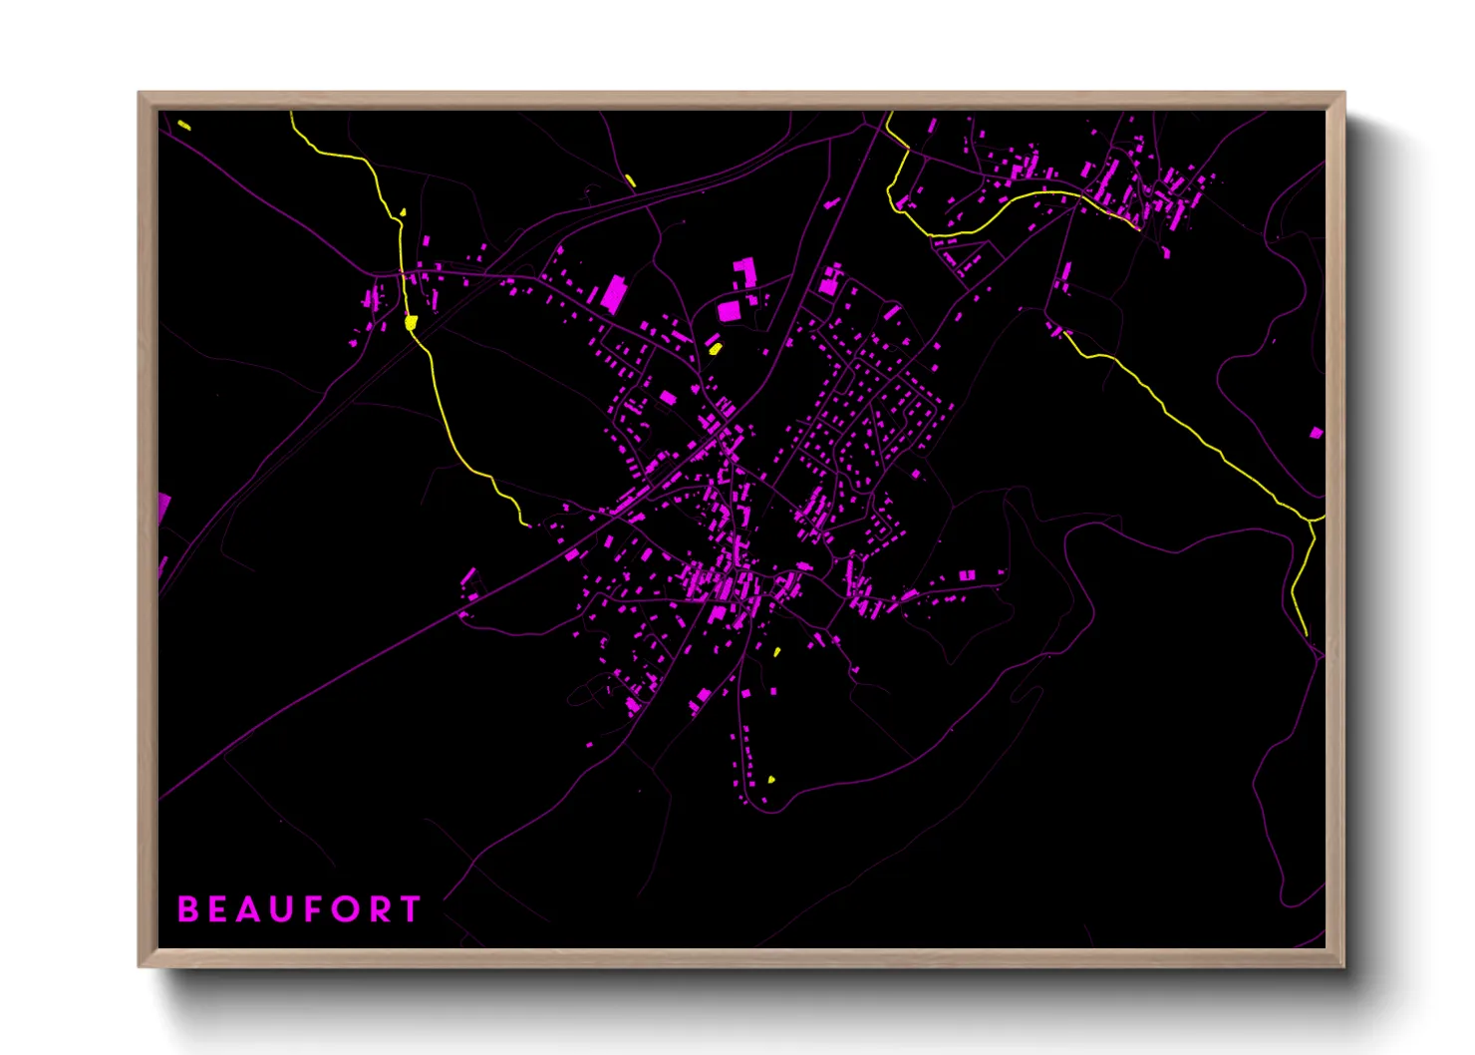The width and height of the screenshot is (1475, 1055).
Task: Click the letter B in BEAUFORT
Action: point(187,909)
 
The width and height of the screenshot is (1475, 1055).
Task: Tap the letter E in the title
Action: point(218,909)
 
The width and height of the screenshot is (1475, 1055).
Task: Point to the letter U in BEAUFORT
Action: point(282,909)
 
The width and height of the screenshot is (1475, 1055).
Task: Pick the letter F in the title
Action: point(313,909)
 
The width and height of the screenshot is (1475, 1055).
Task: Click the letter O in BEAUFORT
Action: point(345,909)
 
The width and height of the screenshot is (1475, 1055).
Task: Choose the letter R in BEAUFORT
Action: point(379,909)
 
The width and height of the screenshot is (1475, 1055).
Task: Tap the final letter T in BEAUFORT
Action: point(410,909)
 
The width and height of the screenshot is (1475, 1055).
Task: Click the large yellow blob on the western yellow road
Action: point(411,322)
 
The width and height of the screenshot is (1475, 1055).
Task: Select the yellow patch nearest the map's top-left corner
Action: point(184,125)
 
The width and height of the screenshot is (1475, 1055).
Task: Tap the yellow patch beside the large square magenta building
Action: point(715,348)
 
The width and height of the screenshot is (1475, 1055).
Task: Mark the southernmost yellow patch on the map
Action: point(771,780)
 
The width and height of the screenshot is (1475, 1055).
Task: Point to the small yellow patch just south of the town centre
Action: point(777,651)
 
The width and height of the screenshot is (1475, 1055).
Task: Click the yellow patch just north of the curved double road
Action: point(630,180)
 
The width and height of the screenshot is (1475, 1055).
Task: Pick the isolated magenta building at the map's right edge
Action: point(1317,433)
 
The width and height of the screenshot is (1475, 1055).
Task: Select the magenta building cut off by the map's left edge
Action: point(164,507)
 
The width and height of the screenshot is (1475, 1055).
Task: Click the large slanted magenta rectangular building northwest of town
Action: point(612,294)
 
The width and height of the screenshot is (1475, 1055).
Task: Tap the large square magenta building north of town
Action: point(730,311)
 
